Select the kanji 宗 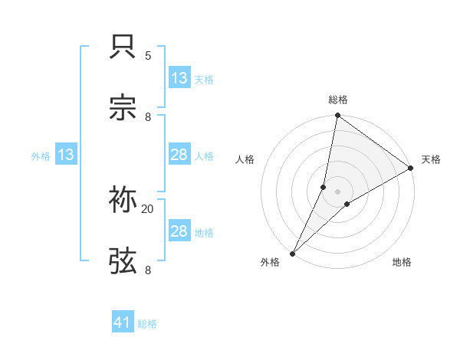tap(123, 108)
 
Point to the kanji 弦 tap(123, 261)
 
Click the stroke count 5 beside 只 tap(148, 56)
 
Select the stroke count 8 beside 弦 tap(148, 270)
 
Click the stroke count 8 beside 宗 tap(148, 116)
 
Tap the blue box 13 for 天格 tap(179, 78)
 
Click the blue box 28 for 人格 tap(179, 155)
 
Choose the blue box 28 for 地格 tap(179, 231)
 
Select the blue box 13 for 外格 tap(66, 155)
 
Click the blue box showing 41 tap(123, 322)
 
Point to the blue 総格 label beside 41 tap(147, 324)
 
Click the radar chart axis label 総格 tap(338, 100)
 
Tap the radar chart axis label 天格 tap(431, 159)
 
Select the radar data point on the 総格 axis tap(338, 116)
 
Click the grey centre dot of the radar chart tap(338, 191)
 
